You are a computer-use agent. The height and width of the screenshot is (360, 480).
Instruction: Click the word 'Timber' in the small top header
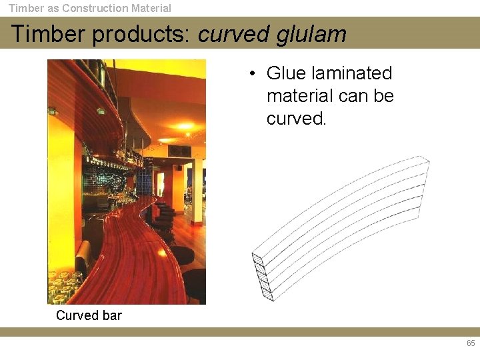click(x=25, y=9)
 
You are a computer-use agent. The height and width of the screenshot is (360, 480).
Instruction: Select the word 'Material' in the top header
click(x=148, y=9)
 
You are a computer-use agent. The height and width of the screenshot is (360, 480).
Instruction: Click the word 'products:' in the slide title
click(x=142, y=34)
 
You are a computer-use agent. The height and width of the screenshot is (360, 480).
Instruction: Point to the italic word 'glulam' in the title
click(x=311, y=34)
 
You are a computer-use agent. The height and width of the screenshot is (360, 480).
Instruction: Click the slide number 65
click(x=471, y=344)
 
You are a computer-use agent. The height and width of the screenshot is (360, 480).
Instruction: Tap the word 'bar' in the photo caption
click(x=111, y=315)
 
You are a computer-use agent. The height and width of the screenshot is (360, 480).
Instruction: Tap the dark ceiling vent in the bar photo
click(x=179, y=151)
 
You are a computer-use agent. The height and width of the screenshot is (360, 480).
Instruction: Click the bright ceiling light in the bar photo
click(x=185, y=126)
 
